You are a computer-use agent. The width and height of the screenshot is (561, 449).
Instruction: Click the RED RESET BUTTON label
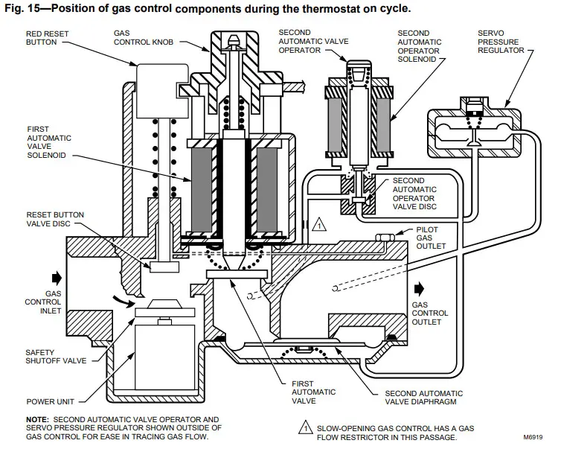click(x=48, y=39)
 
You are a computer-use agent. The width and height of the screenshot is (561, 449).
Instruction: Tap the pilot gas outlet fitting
click(x=384, y=238)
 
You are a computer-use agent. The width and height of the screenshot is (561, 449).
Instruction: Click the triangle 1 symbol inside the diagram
click(x=319, y=221)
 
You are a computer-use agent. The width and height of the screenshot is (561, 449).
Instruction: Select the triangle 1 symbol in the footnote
click(x=306, y=427)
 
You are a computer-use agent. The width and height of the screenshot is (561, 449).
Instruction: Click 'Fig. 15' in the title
click(x=21, y=9)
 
